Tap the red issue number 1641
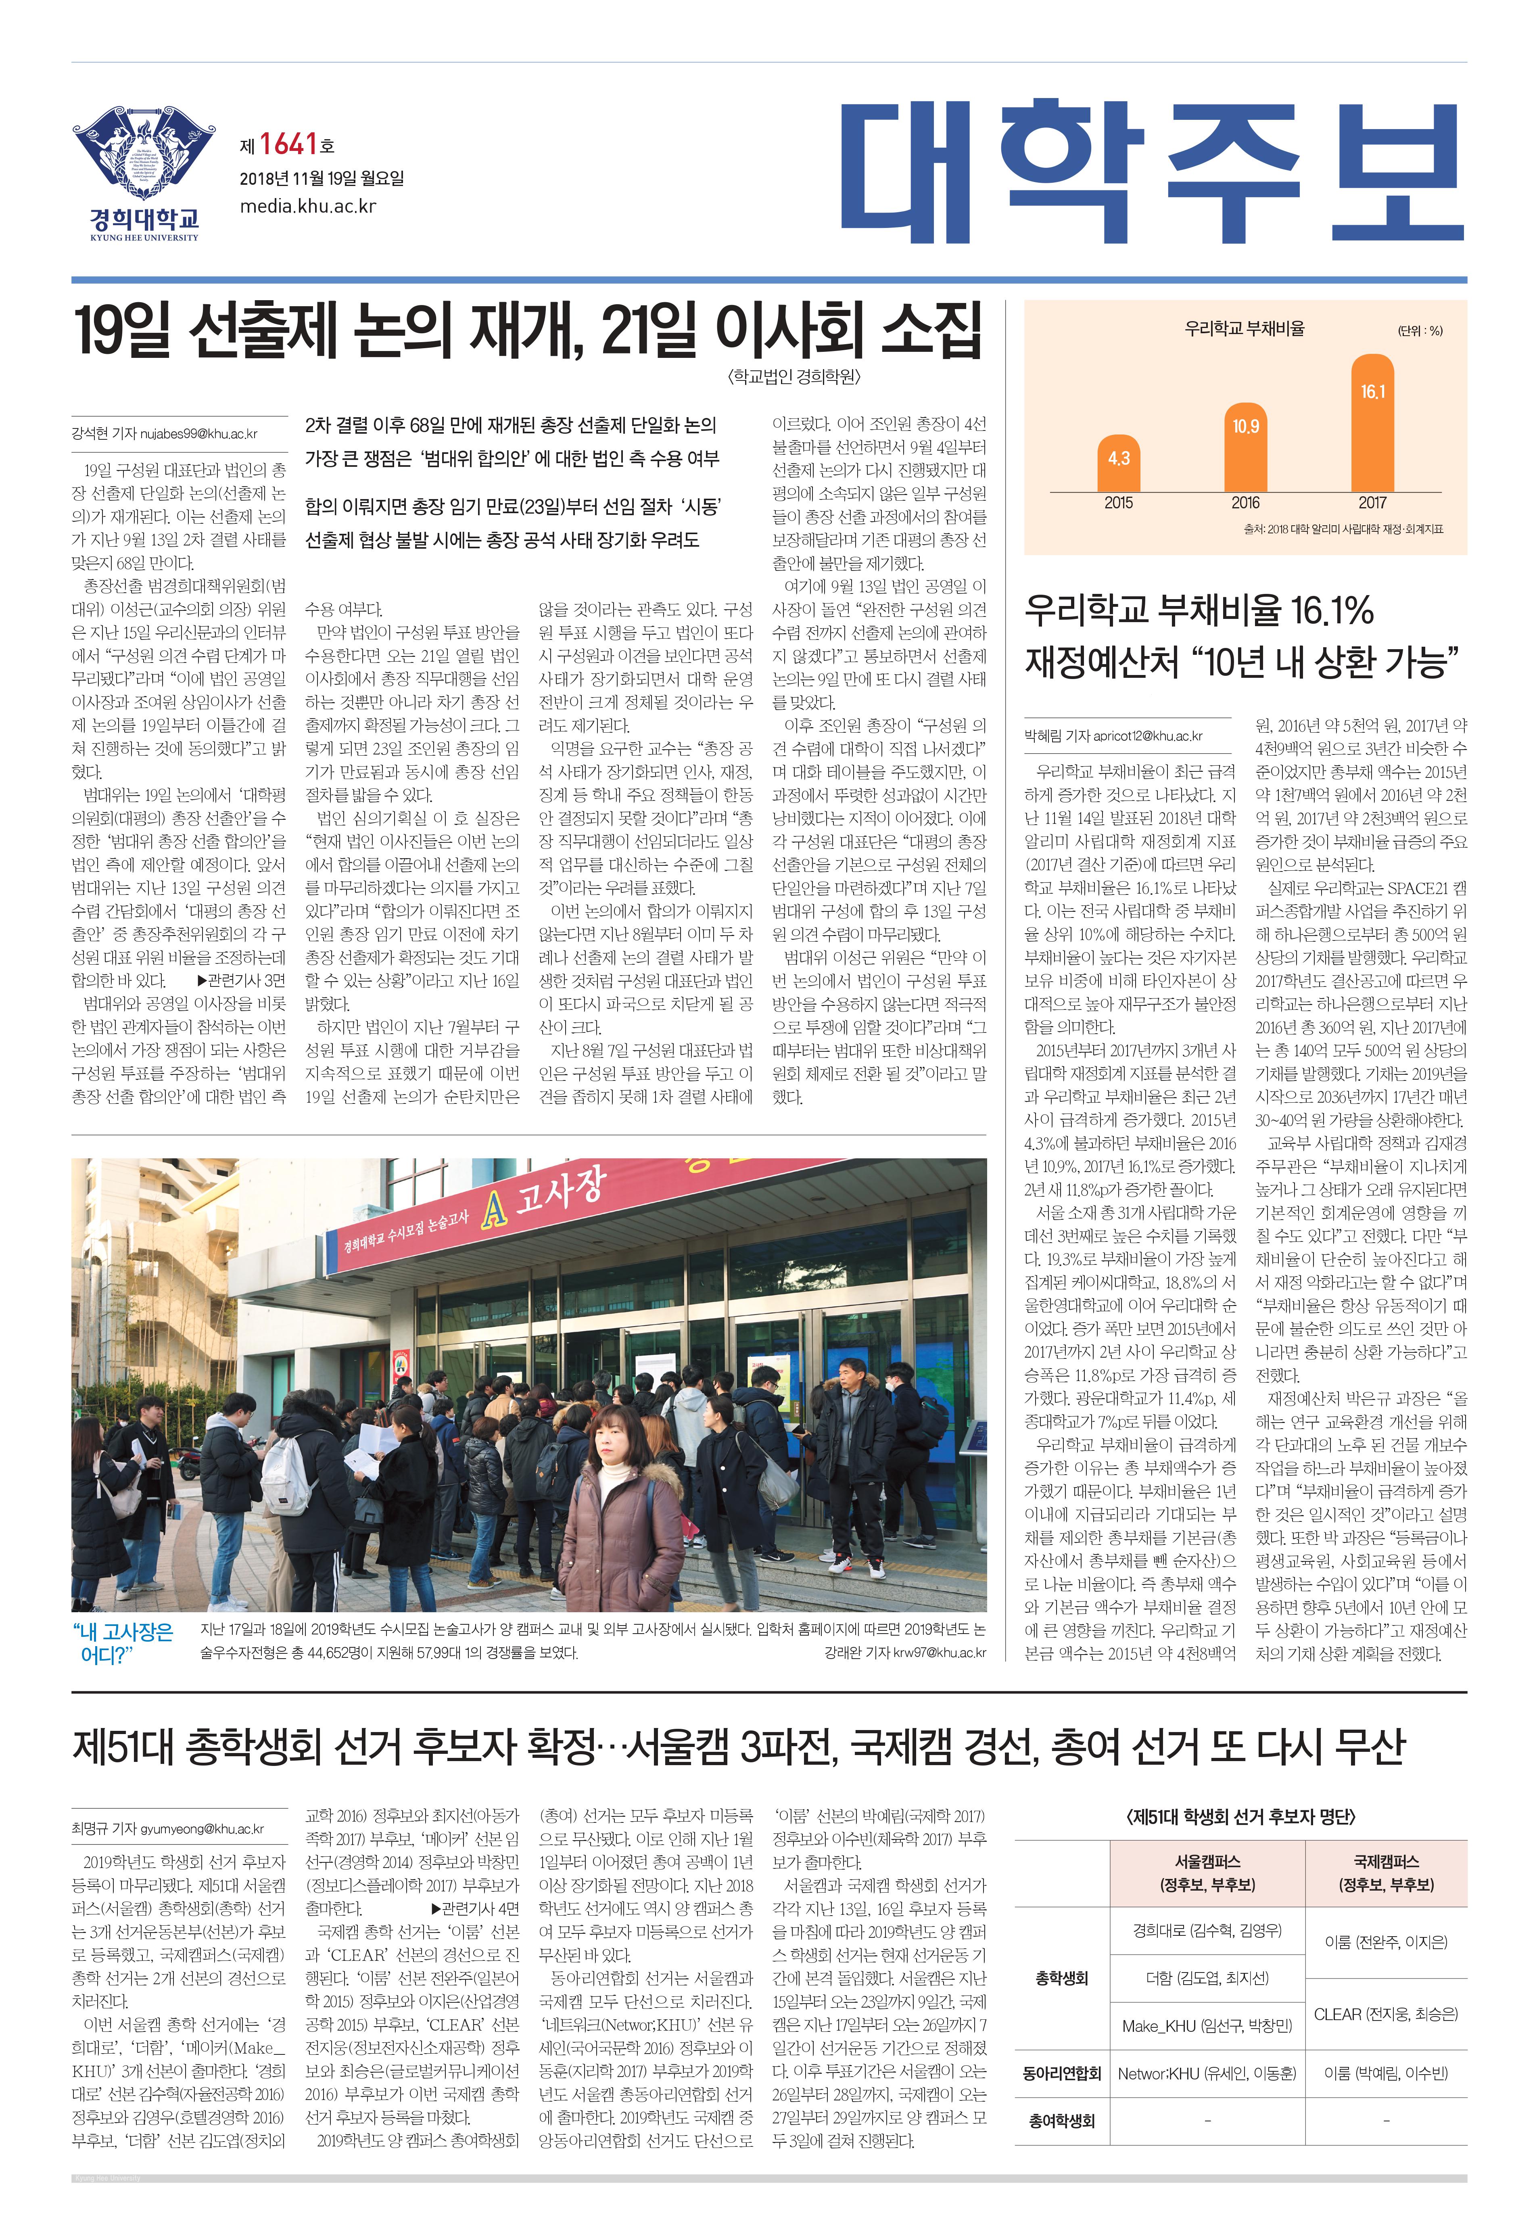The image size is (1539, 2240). pyautogui.click(x=288, y=145)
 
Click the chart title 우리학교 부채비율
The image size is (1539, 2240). pyautogui.click(x=1244, y=329)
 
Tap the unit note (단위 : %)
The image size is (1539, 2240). pyautogui.click(x=1420, y=331)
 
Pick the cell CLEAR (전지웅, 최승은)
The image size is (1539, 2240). pyautogui.click(x=1386, y=2013)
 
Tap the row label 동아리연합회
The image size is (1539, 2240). pyautogui.click(x=1062, y=2073)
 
